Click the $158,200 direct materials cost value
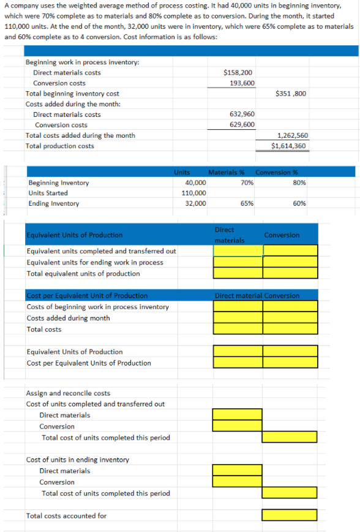coord(239,72)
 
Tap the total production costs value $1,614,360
coord(289,146)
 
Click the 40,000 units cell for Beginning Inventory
coord(195,182)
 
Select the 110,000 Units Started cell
coord(194,193)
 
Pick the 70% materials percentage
coord(247,182)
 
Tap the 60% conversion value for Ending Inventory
coord(299,203)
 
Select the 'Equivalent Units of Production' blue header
coord(74,235)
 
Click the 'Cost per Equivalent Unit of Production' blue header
coord(86,296)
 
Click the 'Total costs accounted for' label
coord(66,515)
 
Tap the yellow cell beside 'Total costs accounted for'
coord(290,515)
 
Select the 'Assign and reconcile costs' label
coord(68,393)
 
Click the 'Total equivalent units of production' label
coord(83,274)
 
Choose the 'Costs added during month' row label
coord(68,318)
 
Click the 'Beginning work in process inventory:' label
coord(82,62)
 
